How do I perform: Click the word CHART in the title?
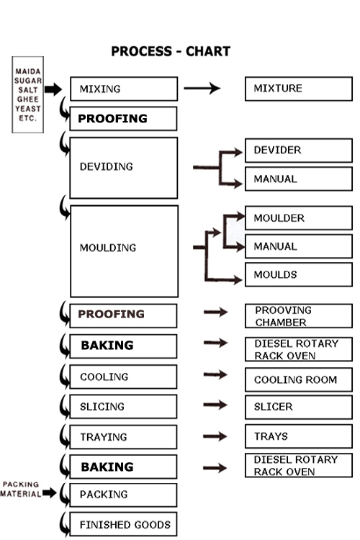[208, 51]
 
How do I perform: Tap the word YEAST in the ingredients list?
[28, 109]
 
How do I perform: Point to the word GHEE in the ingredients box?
[28, 99]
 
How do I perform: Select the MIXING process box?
[124, 89]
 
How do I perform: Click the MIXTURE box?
[299, 89]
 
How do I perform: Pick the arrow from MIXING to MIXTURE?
[202, 88]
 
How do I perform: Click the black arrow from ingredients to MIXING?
[53, 89]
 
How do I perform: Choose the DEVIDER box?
[299, 150]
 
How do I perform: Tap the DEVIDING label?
[106, 167]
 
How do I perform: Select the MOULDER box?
[299, 218]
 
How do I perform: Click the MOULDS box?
[299, 274]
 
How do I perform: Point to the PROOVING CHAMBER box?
[299, 316]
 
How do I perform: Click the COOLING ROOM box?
[299, 379]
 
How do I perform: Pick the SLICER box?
[299, 407]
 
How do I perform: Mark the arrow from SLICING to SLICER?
[215, 405]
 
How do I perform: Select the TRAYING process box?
[123, 437]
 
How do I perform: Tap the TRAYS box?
[299, 436]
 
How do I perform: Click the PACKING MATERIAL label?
[20, 490]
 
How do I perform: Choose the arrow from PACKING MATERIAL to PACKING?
[50, 492]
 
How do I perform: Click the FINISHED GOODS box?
[123, 524]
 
